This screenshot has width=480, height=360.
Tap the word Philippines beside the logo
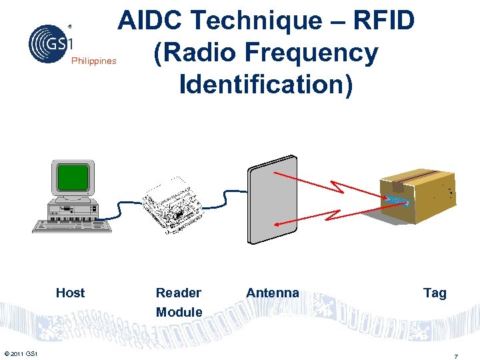93,61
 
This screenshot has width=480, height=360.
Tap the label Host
70,293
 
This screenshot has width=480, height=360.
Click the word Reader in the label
178,293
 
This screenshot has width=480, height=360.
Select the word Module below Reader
179,312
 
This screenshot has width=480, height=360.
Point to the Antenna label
272,293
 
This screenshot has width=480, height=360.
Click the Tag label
435,293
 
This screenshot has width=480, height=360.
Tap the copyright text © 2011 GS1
20,353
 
